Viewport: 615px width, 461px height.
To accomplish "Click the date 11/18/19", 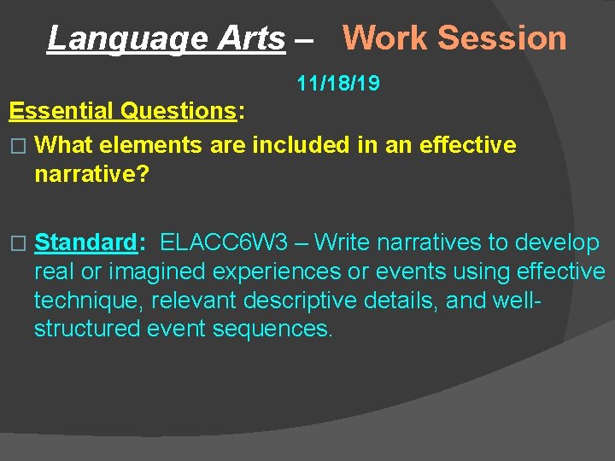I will [x=338, y=84].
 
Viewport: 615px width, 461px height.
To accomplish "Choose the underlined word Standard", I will [x=85, y=242].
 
